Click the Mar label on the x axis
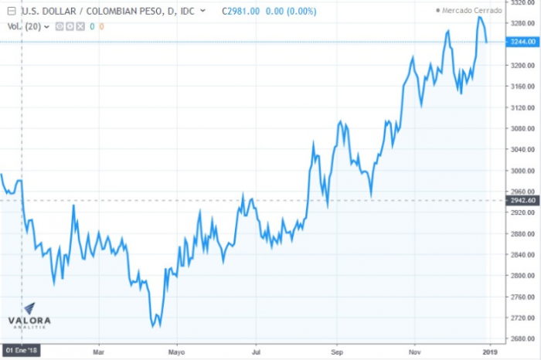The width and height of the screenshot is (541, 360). tap(97, 350)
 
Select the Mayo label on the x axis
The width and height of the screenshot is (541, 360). tap(177, 350)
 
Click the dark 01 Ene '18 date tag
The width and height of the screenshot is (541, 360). tap(21, 350)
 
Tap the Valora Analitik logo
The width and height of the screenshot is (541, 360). tap(29, 317)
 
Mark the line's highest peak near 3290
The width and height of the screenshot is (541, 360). tap(479, 16)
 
